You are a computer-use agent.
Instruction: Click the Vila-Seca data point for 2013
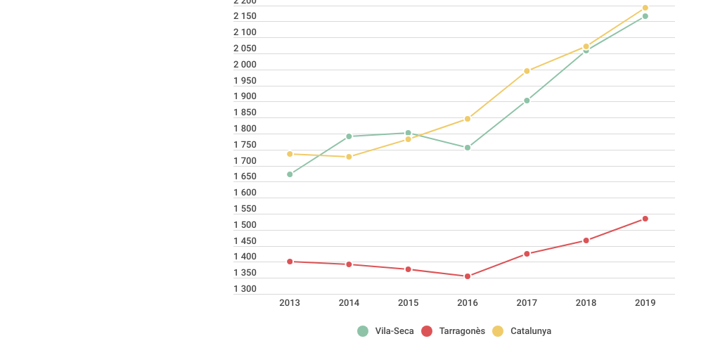[290, 174]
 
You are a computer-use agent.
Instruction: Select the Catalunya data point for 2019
[645, 8]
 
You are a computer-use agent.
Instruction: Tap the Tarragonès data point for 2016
[468, 276]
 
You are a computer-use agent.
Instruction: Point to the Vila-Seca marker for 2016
[468, 148]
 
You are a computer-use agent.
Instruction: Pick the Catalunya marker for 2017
[527, 71]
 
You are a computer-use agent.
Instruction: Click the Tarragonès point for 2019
[645, 219]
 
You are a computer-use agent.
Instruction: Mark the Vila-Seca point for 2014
[349, 136]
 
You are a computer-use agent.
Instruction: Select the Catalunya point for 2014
[349, 157]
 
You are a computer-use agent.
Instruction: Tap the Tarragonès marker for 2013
[290, 262]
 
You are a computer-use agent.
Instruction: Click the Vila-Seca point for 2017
[527, 101]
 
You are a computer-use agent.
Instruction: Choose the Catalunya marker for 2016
[468, 119]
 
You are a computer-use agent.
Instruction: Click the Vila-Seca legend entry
[385, 331]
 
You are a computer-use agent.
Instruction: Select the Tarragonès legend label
[462, 331]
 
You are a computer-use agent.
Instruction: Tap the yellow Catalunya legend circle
[498, 331]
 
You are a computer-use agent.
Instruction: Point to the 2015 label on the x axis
[409, 303]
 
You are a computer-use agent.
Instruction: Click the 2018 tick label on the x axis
[586, 303]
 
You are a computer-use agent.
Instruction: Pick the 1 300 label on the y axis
[245, 289]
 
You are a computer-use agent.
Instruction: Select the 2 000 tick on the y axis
[245, 65]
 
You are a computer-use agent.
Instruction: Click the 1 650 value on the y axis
[245, 177]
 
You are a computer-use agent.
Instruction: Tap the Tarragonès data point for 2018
[586, 240]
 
